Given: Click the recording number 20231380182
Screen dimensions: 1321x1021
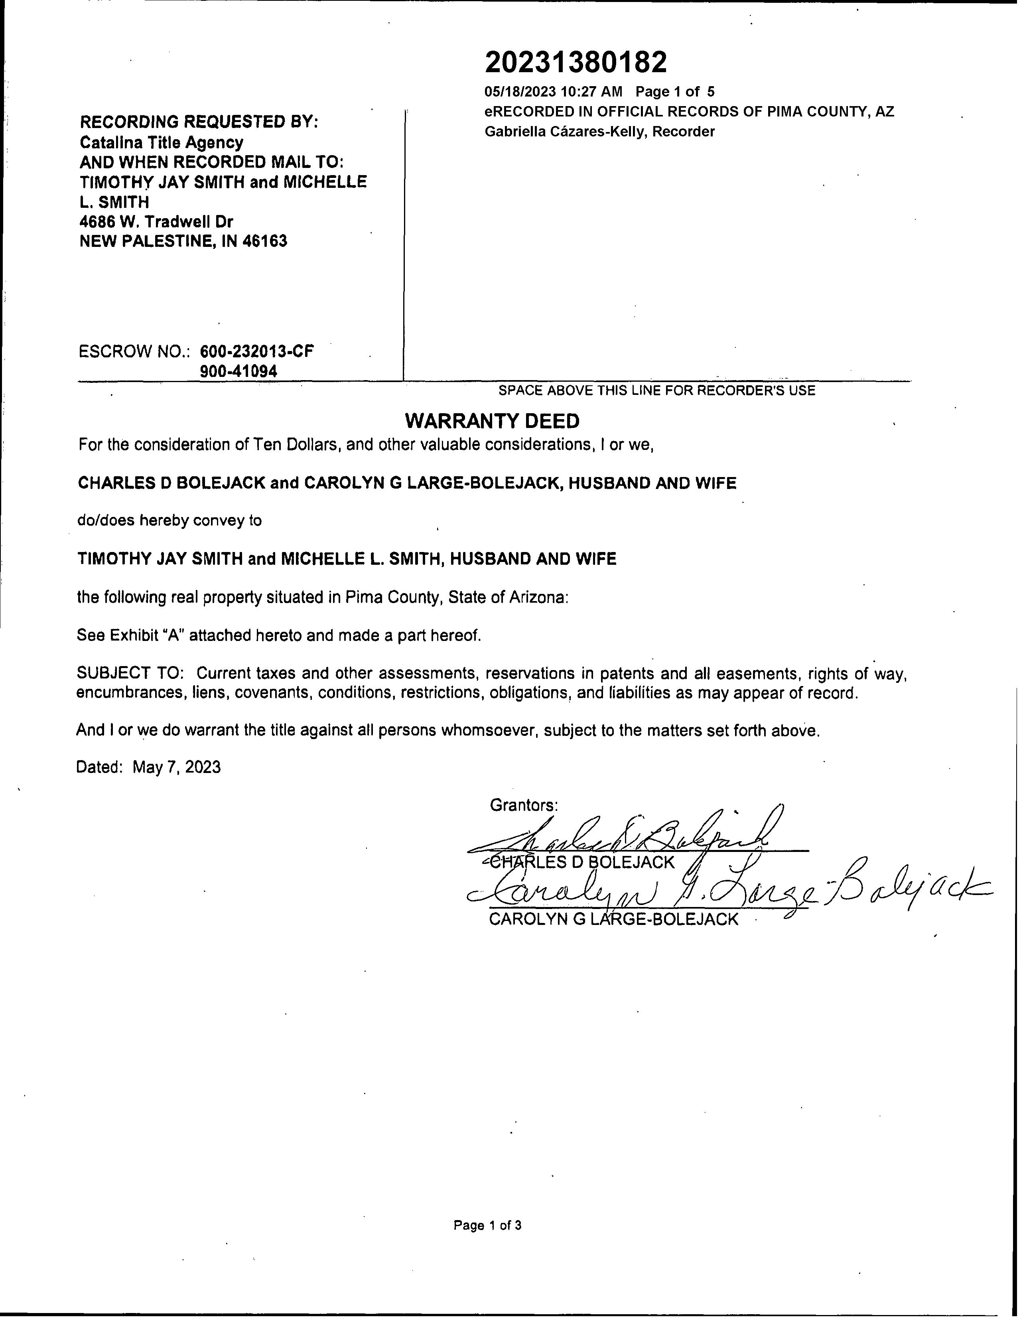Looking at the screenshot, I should pyautogui.click(x=576, y=62).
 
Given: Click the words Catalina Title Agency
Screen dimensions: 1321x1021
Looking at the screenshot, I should pyautogui.click(x=162, y=143).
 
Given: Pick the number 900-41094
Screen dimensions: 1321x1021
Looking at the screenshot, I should pyautogui.click(x=238, y=371).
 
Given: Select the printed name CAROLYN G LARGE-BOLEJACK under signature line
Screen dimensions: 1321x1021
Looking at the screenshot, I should pyautogui.click(x=613, y=919).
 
